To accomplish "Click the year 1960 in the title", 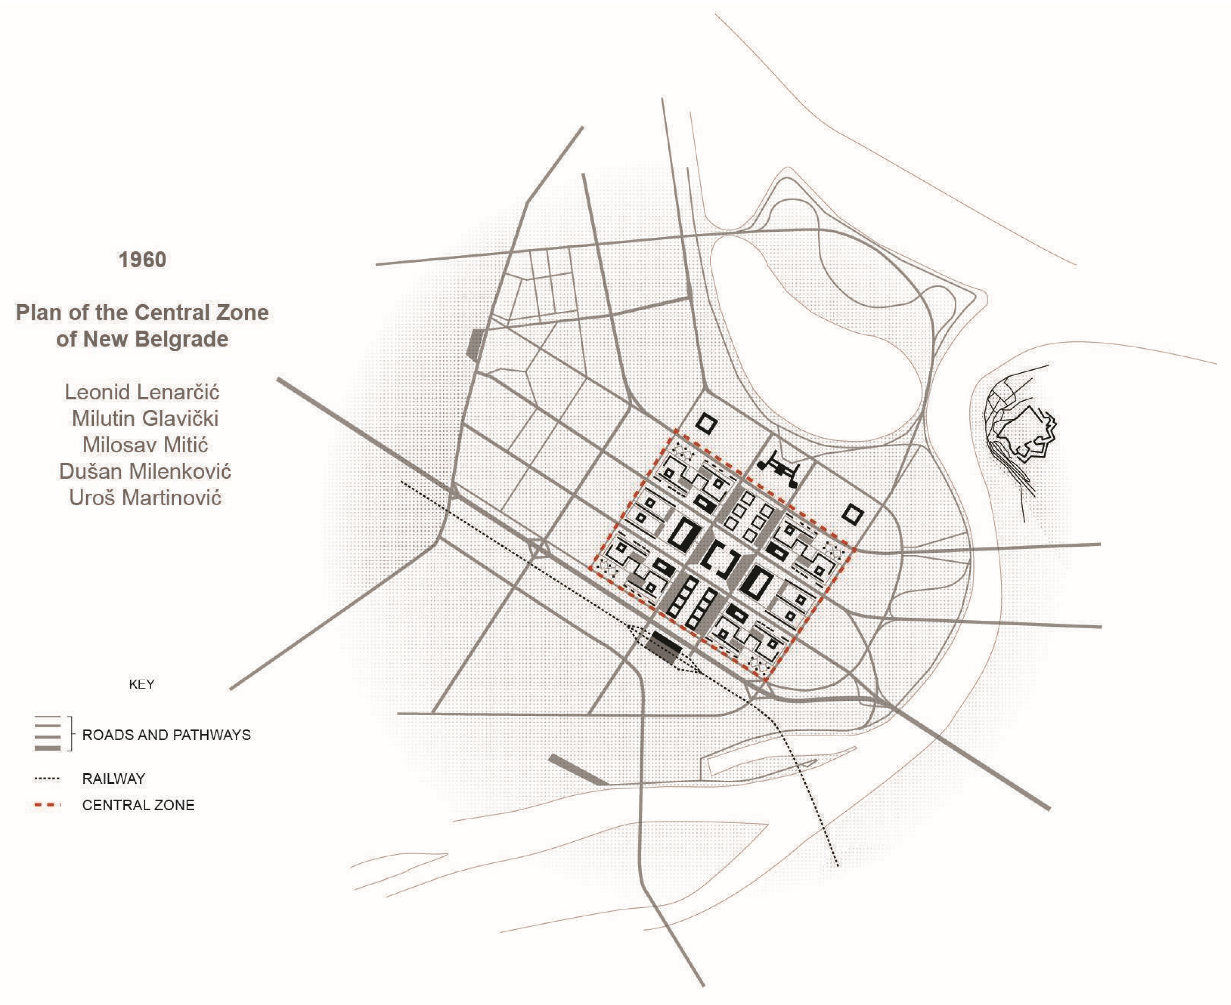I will tap(142, 260).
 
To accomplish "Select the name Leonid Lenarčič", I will tap(142, 392).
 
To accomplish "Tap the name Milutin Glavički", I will tap(145, 418).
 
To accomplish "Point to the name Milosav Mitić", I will tap(145, 445).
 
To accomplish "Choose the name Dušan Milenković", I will tap(145, 471).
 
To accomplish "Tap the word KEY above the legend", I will tap(141, 684).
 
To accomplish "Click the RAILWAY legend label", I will tap(113, 779).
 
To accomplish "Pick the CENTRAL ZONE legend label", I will tap(138, 805).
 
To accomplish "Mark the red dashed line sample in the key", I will tap(47, 805).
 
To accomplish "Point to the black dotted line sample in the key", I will tap(47, 779).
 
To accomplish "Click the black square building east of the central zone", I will tap(852, 514).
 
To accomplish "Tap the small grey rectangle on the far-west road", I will tap(475, 345).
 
